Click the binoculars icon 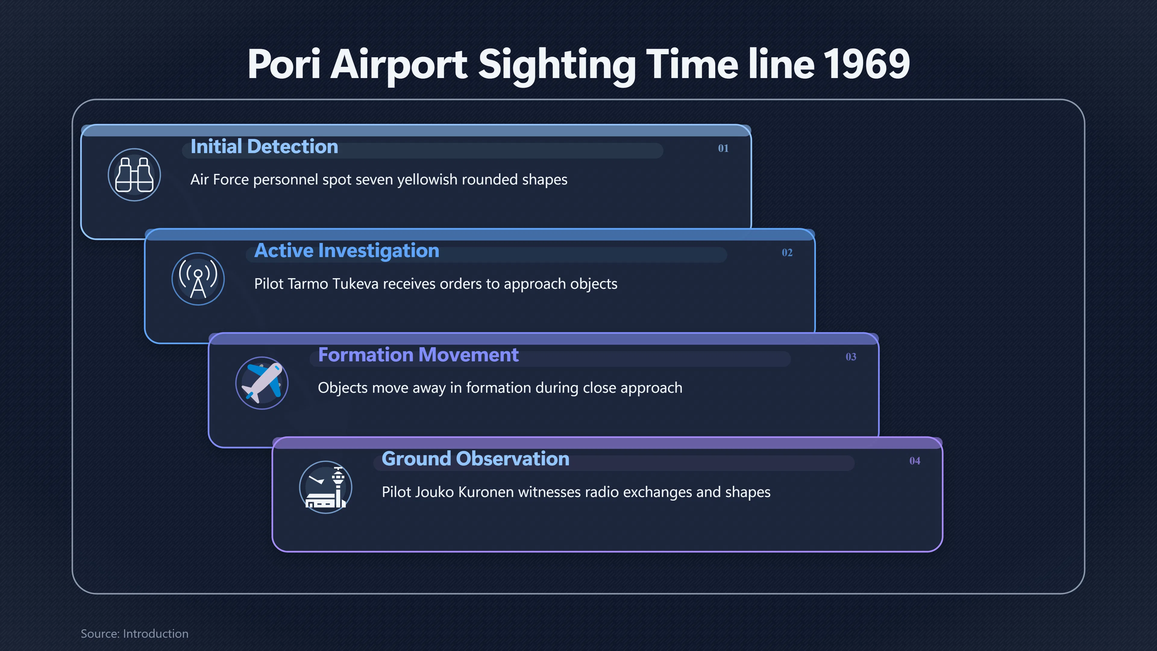134,175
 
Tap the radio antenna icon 198,279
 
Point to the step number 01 723,148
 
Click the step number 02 787,253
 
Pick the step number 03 851,357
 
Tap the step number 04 914,461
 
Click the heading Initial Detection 264,146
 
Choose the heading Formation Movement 418,355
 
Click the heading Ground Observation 475,459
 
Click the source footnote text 134,634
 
